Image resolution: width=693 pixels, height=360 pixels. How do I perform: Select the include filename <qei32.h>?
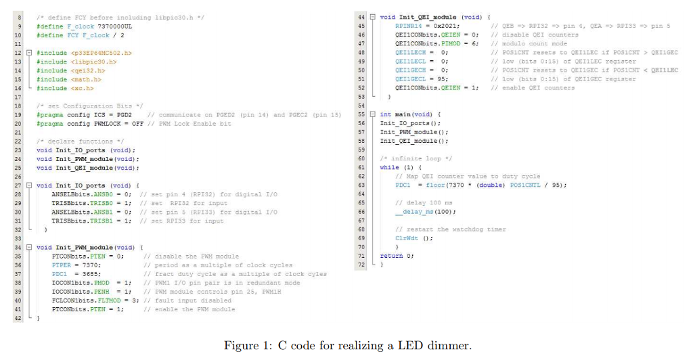pos(89,70)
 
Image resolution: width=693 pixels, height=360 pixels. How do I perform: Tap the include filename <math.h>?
pos(89,78)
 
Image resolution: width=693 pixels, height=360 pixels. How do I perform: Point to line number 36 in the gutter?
pos(18,265)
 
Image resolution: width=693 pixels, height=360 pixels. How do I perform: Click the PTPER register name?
pos(62,265)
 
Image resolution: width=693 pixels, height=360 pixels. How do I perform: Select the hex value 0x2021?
pos(449,26)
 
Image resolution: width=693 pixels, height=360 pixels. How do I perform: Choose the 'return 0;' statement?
pos(397,256)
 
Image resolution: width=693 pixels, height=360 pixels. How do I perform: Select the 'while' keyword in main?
pos(389,167)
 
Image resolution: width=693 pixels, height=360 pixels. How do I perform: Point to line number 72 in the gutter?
pos(361,265)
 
